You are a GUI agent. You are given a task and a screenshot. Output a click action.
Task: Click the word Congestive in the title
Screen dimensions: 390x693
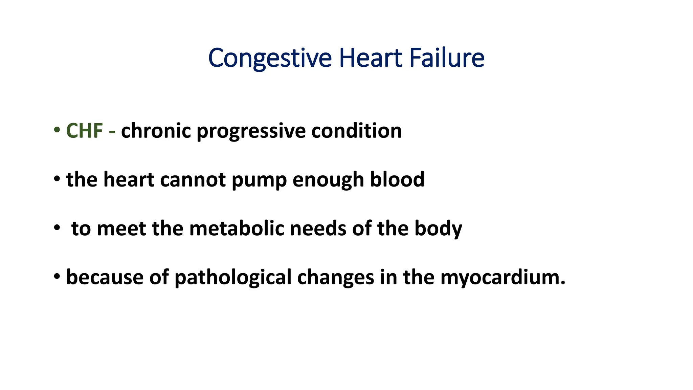[270, 58]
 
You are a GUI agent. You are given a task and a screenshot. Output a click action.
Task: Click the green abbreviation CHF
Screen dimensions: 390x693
[85, 131]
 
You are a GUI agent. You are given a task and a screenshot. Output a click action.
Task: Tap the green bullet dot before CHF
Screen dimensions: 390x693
[57, 130]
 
